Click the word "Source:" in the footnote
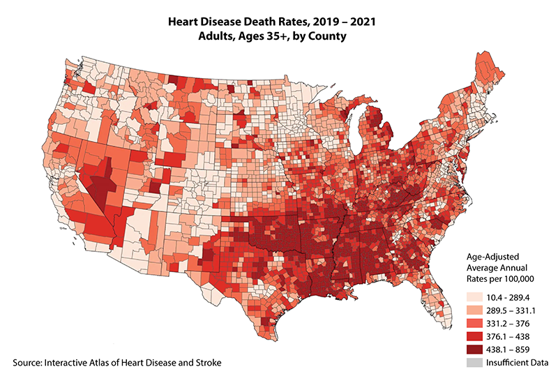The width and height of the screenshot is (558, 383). [x=29, y=363]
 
